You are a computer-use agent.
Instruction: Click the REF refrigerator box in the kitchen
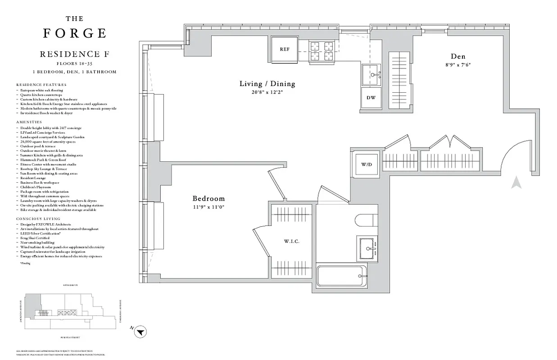(284, 49)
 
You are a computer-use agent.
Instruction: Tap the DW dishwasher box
(371, 98)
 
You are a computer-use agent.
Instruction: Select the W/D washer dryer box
(367, 164)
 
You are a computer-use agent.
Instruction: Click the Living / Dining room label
(267, 84)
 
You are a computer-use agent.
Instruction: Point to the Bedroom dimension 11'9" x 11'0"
(208, 207)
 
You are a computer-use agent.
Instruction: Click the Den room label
(458, 56)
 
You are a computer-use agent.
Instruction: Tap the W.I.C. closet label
(291, 242)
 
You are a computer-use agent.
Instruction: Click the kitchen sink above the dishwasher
(371, 74)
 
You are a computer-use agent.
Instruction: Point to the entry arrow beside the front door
(516, 183)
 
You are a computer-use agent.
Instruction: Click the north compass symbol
(141, 332)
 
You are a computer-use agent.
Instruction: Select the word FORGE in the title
(75, 33)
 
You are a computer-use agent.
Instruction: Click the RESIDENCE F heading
(75, 54)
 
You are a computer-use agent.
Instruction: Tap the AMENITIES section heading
(29, 122)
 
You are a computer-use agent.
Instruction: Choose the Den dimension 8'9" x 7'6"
(458, 64)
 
